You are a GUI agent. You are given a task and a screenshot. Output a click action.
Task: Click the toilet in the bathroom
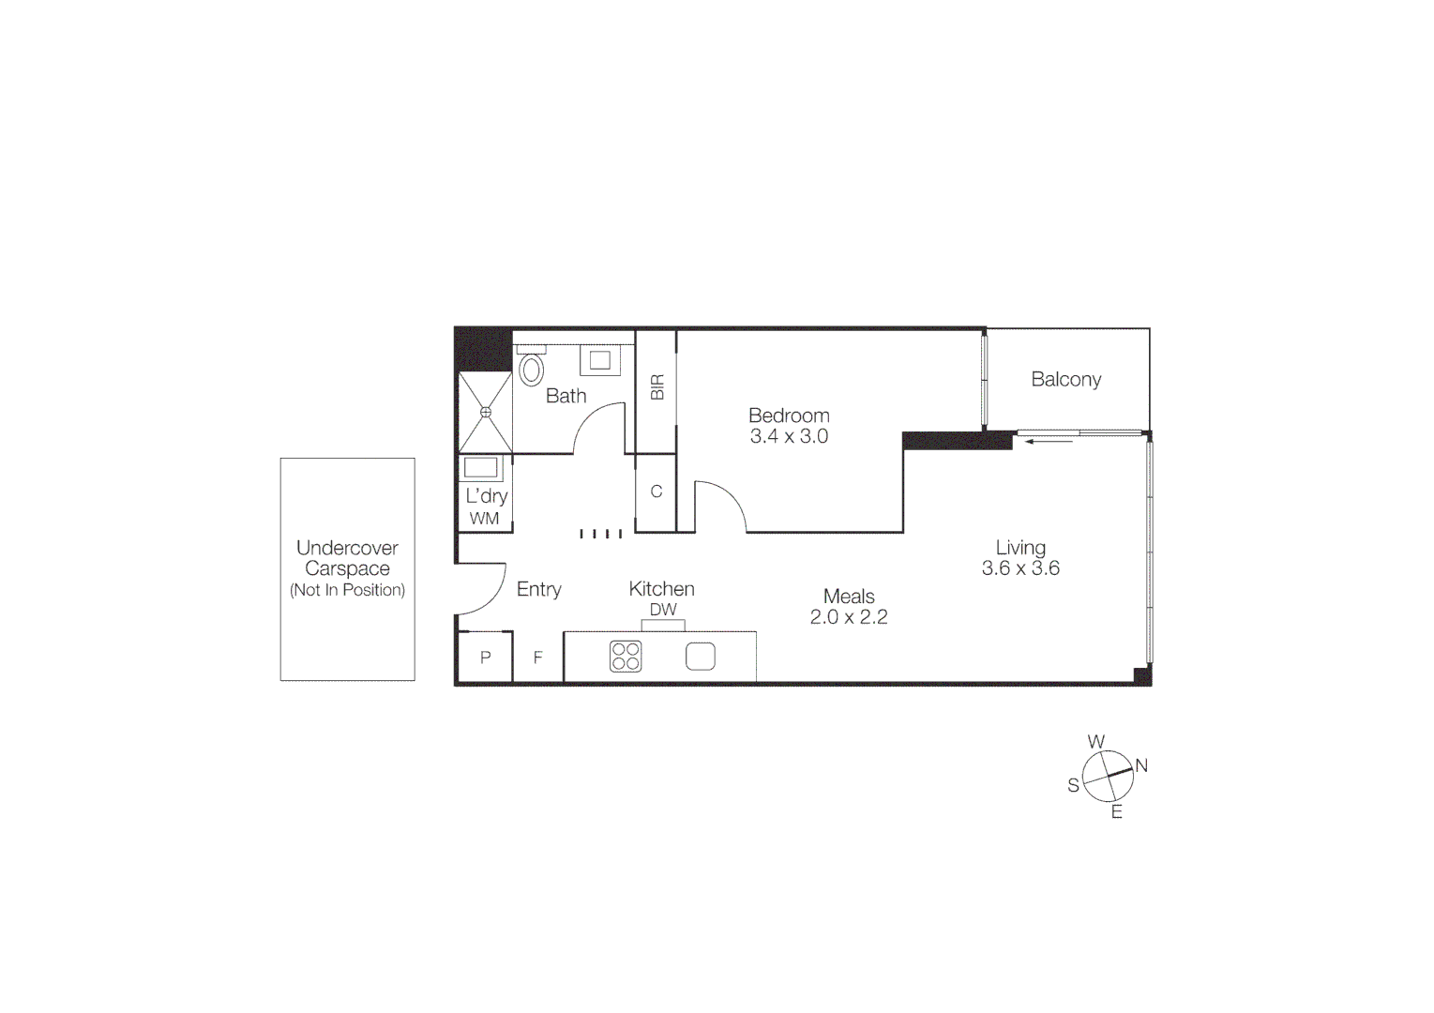(x=532, y=369)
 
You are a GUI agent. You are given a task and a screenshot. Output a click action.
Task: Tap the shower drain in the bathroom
(x=486, y=412)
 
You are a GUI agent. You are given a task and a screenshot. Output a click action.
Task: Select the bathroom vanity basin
(x=599, y=359)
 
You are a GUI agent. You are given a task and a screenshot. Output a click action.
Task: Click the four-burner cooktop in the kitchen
(x=626, y=657)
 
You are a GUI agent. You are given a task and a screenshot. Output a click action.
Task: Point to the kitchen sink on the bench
(x=701, y=657)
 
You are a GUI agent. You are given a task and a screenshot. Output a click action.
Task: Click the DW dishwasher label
(x=663, y=610)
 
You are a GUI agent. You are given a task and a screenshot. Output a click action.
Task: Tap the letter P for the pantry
(x=485, y=658)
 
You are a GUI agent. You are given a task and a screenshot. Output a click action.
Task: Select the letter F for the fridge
(x=538, y=658)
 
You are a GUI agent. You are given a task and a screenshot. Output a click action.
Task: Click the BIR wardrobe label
(x=657, y=387)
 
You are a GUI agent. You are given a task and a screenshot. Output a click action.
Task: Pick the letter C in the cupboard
(x=657, y=491)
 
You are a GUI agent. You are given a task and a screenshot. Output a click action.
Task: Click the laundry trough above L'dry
(x=482, y=468)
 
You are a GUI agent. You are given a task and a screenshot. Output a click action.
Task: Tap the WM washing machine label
(x=485, y=518)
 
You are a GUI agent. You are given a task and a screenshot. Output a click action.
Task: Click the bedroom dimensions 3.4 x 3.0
(x=789, y=436)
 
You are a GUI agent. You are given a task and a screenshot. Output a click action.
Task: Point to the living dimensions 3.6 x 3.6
(x=1020, y=568)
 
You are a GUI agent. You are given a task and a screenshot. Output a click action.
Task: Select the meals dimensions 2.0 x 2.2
(x=849, y=617)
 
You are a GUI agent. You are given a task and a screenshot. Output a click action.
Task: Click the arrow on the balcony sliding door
(x=1049, y=440)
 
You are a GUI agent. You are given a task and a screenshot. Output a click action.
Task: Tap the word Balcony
(x=1065, y=380)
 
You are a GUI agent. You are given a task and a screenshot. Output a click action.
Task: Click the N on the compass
(x=1141, y=765)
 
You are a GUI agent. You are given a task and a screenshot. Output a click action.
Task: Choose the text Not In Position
(x=347, y=590)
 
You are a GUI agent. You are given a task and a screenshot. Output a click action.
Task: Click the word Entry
(x=539, y=589)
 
